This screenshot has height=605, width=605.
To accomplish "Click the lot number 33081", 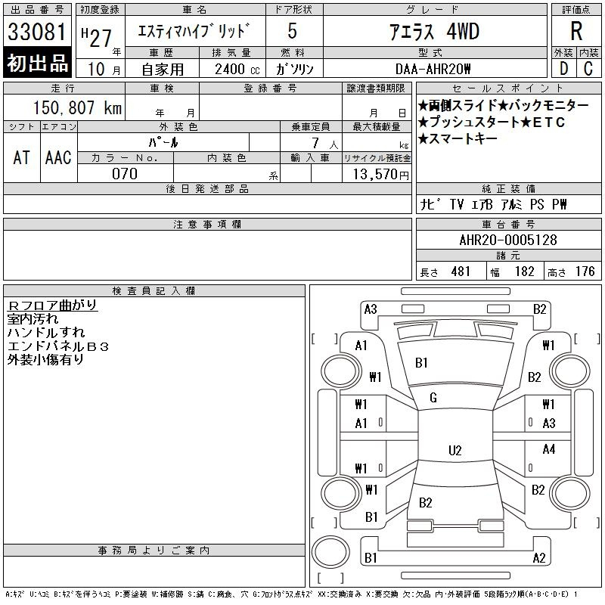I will pos(38,32).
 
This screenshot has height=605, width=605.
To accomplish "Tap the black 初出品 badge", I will pos(38,64).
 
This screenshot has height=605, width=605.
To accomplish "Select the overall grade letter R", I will pos(576,32).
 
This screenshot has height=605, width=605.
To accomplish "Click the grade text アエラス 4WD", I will pos(434,32).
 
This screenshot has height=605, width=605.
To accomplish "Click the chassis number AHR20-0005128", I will pos(508,240).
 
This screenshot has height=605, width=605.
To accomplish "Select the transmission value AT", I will pos(21,157).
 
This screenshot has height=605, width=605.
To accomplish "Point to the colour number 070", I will pos(125,174).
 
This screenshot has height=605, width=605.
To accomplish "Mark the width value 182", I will pos(524,271).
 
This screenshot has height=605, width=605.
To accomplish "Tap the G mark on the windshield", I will pos(433,398).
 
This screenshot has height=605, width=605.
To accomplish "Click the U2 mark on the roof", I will pos(455,451).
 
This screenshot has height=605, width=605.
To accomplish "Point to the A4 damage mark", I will pos(549,449).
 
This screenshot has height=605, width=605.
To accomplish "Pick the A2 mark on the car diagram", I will pos(539,558).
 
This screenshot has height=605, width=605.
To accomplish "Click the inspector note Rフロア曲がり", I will pos(52,306).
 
